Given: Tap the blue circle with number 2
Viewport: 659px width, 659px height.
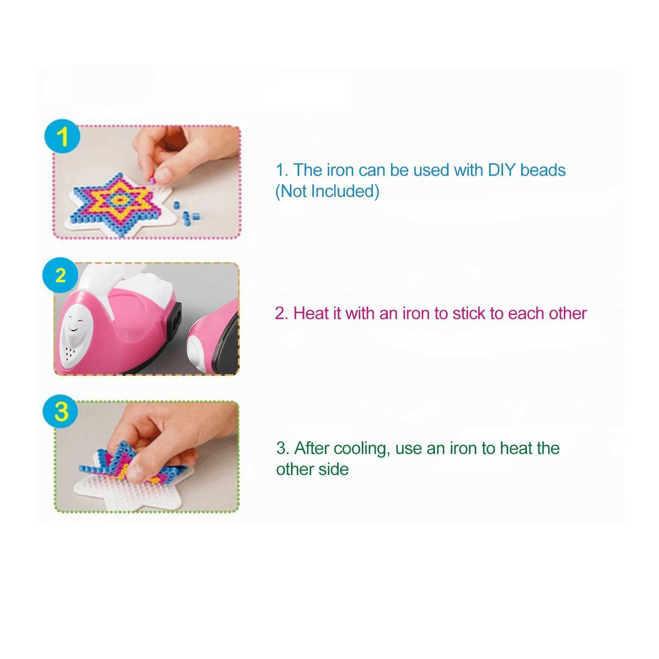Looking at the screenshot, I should (x=60, y=275).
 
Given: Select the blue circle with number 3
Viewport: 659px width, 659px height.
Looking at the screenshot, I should (x=61, y=411).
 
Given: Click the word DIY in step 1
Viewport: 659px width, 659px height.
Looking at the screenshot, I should (x=502, y=170).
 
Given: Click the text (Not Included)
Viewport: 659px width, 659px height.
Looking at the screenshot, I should (x=327, y=191).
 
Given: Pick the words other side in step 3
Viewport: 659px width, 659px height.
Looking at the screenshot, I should (x=312, y=469).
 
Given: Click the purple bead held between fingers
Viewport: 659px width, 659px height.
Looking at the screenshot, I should (x=153, y=180).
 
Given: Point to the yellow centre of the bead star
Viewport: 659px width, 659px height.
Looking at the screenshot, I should (x=119, y=200).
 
